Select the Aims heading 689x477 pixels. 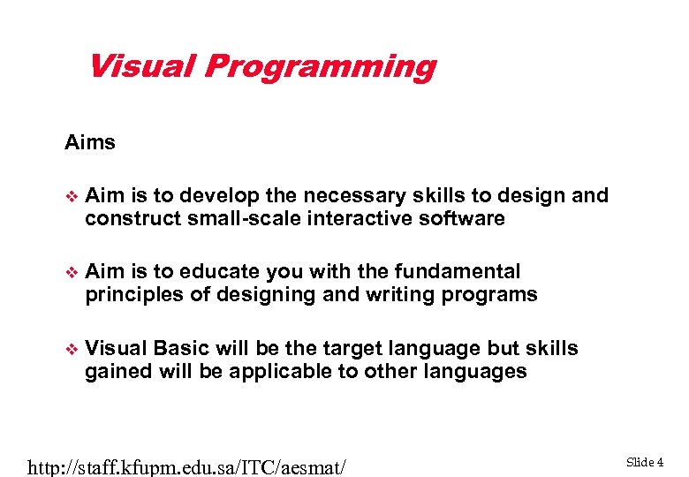pos(90,142)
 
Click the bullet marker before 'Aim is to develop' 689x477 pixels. pos(72,196)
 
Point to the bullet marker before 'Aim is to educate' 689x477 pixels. pos(72,272)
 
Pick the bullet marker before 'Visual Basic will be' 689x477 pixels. pos(72,349)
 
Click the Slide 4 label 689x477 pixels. pos(645,462)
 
